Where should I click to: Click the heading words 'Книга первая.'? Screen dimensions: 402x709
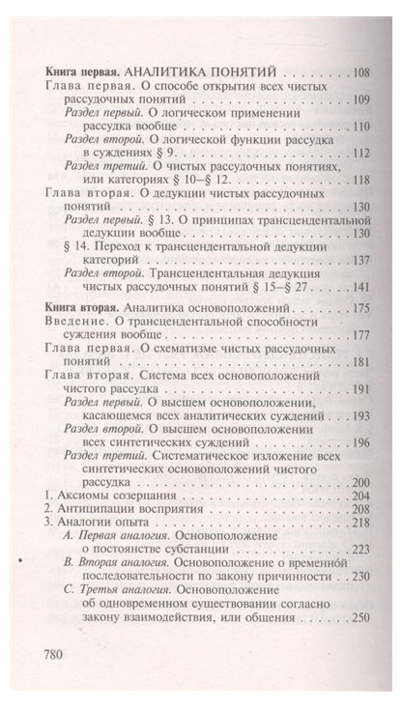tap(80, 71)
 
